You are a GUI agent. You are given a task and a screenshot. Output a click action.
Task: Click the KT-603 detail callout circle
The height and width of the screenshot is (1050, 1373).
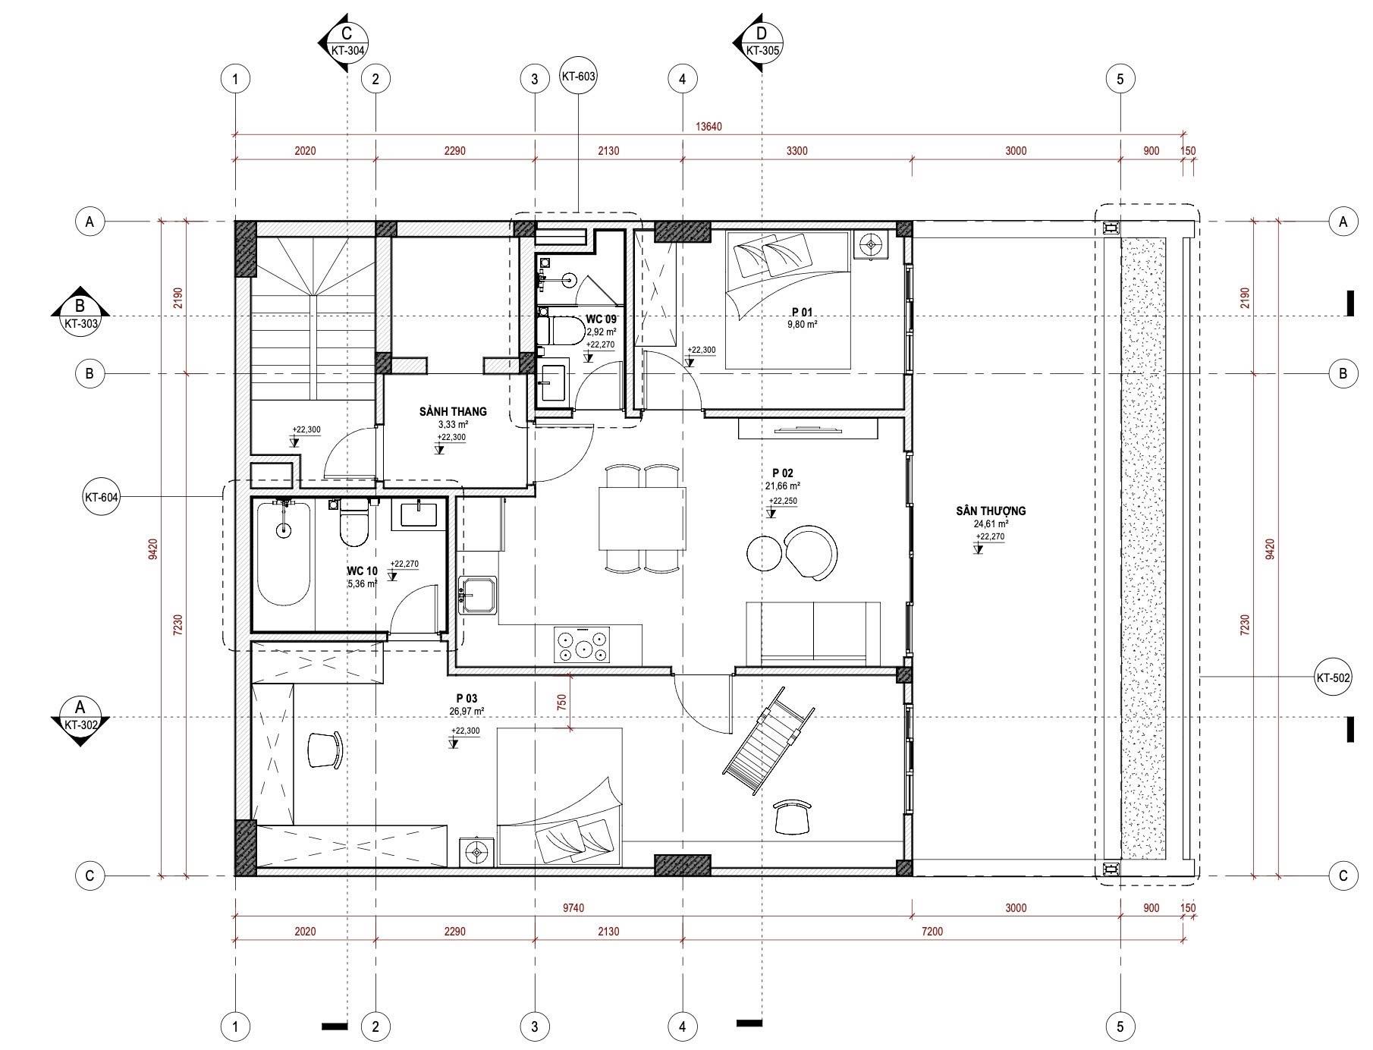[578, 77]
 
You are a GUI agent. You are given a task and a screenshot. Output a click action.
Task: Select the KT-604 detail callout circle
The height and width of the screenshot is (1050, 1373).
[101, 498]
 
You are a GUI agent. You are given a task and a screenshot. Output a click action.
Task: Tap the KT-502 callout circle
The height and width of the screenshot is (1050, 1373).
[1333, 677]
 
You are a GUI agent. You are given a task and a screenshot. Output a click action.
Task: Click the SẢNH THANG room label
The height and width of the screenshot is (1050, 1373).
[453, 411]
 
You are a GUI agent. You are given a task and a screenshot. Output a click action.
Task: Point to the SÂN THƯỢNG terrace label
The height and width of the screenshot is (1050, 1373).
[991, 511]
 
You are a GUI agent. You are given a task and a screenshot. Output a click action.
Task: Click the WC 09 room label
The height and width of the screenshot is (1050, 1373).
[601, 319]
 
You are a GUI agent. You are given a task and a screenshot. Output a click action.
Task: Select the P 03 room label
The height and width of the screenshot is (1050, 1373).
[467, 698]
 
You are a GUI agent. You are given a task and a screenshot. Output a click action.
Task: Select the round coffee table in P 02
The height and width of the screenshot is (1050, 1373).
[765, 553]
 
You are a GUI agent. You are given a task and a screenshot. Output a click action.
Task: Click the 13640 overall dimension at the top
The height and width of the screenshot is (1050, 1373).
[708, 127]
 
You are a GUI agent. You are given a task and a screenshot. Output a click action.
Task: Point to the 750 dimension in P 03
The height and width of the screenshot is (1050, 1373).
[561, 703]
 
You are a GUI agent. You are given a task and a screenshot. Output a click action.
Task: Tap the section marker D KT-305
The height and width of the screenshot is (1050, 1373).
[758, 42]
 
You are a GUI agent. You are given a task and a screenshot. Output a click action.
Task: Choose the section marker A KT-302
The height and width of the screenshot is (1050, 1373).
[80, 718]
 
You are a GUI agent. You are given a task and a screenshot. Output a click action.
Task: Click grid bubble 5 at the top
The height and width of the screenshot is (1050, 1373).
[1120, 78]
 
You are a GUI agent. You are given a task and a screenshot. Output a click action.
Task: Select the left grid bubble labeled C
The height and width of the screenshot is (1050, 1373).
[90, 876]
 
